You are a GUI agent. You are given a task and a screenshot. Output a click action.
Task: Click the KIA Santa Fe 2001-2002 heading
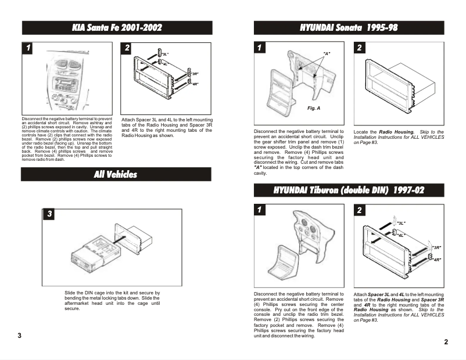[117, 28]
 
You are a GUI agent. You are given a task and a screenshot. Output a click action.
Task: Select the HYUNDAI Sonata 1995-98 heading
[349, 28]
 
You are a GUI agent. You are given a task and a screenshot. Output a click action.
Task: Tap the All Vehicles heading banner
[117, 174]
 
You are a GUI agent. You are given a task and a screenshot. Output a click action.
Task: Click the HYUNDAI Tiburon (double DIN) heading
[349, 190]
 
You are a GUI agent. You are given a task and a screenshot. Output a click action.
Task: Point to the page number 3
[19, 336]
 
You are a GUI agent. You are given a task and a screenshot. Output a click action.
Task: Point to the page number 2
[446, 342]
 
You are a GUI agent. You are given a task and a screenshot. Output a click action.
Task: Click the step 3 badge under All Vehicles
[50, 214]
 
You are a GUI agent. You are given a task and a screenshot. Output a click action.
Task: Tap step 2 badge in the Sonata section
[360, 48]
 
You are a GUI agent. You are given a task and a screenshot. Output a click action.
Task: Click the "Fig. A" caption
[314, 109]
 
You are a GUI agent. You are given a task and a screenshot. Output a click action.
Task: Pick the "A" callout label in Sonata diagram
[327, 54]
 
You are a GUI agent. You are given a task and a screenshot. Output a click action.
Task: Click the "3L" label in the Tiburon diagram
[401, 223]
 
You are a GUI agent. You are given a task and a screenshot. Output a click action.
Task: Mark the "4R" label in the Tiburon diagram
[436, 259]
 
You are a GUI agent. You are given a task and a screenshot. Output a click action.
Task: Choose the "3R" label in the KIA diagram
[195, 74]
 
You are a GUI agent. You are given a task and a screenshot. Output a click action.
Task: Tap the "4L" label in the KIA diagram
[165, 63]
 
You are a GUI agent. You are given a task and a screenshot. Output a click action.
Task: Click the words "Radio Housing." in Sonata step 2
[397, 132]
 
